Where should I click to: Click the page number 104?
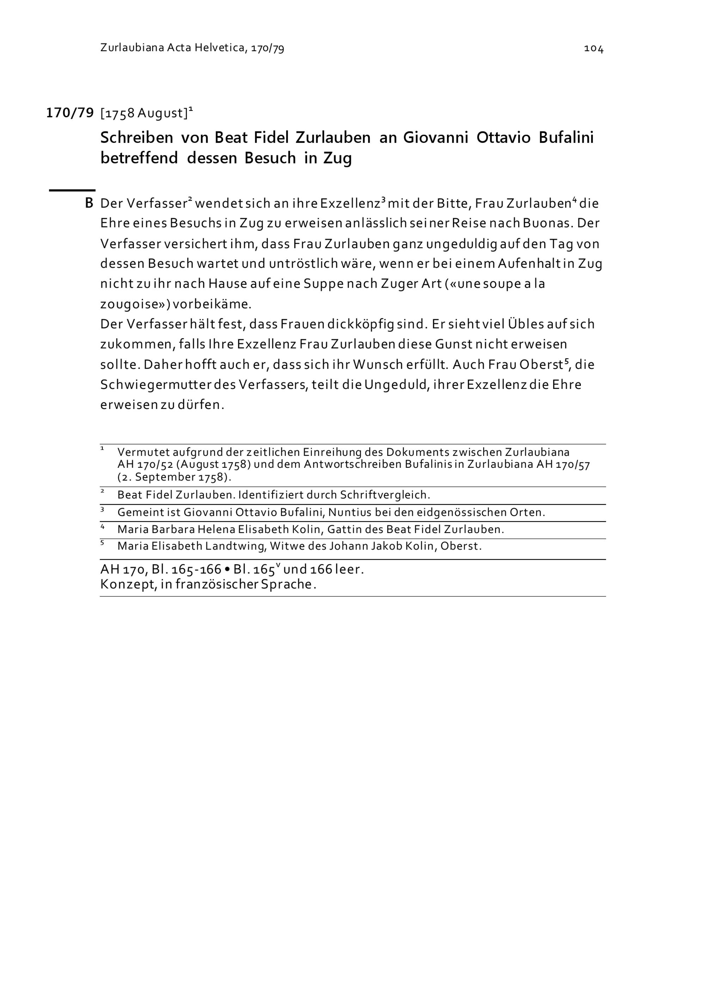point(593,49)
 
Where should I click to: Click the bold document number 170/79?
point(70,113)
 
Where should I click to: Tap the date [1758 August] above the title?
point(144,113)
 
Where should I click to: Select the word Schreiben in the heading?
point(137,138)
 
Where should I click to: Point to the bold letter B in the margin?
point(89,203)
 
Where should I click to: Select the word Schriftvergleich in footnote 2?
point(385,495)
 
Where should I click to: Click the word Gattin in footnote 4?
point(343,529)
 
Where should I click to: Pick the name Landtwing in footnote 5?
point(235,546)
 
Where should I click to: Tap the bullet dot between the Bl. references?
point(227,569)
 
